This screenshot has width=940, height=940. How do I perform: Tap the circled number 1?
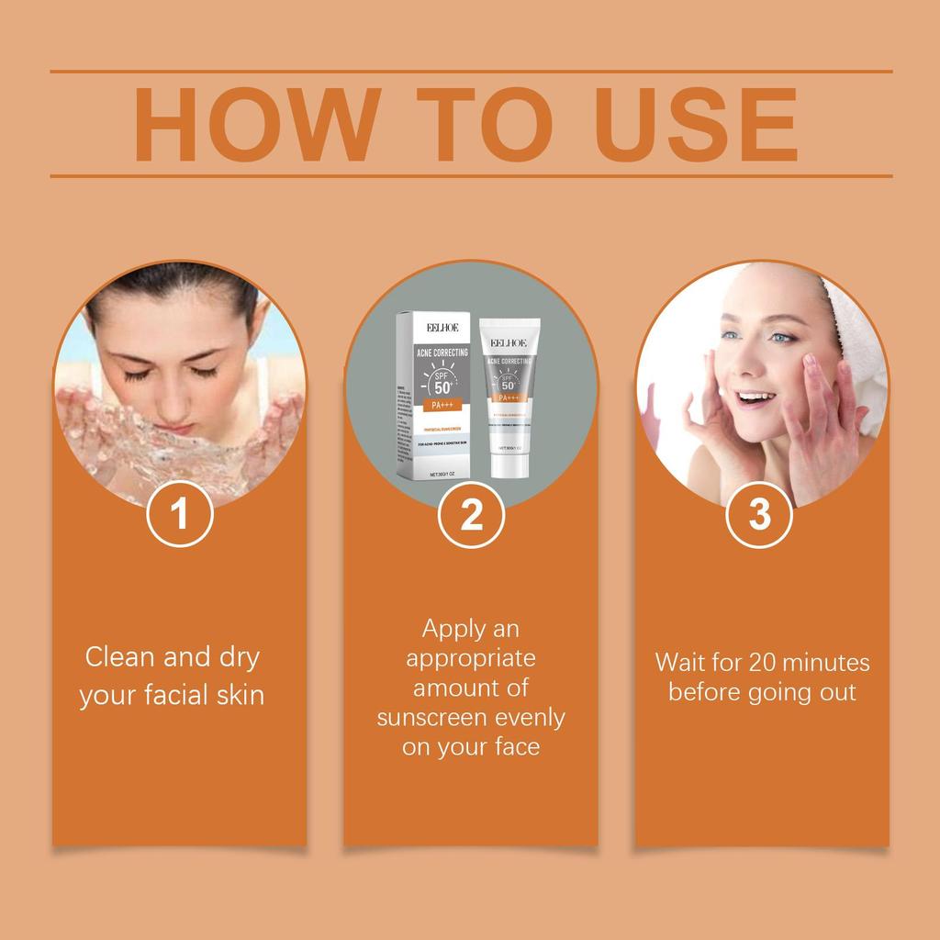(180, 514)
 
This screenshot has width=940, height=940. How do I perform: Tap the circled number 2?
(471, 515)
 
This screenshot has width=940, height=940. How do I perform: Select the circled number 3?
(760, 514)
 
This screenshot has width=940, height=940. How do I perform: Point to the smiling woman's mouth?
(755, 398)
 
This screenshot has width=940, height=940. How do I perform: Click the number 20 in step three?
(763, 662)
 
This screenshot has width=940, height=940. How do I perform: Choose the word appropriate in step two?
(471, 658)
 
